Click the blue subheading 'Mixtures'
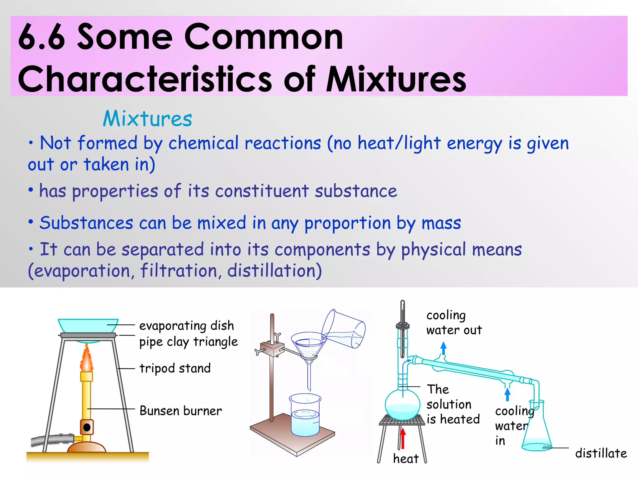(147, 119)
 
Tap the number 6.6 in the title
(41, 37)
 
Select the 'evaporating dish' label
(186, 326)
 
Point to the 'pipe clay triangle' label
(188, 342)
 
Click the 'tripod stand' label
(175, 368)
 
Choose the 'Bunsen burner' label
(181, 411)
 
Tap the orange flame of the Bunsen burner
(87, 359)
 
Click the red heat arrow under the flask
(403, 438)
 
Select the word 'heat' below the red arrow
(406, 459)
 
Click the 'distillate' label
(601, 453)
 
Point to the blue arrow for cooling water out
(443, 348)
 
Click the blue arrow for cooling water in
(507, 394)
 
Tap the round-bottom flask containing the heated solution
(402, 405)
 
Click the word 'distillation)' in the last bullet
(274, 270)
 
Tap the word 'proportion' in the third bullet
(347, 223)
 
